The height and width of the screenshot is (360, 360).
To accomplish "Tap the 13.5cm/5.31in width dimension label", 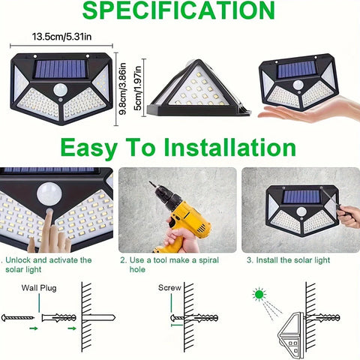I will point(61,36).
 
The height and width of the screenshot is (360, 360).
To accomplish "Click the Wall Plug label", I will point(38,287).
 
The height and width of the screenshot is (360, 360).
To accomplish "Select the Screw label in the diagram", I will point(169,287).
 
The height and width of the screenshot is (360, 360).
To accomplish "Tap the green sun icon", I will point(259,295).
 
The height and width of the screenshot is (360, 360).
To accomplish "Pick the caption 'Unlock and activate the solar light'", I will point(46,264).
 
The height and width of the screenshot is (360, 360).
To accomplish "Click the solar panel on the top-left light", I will point(62,69).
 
